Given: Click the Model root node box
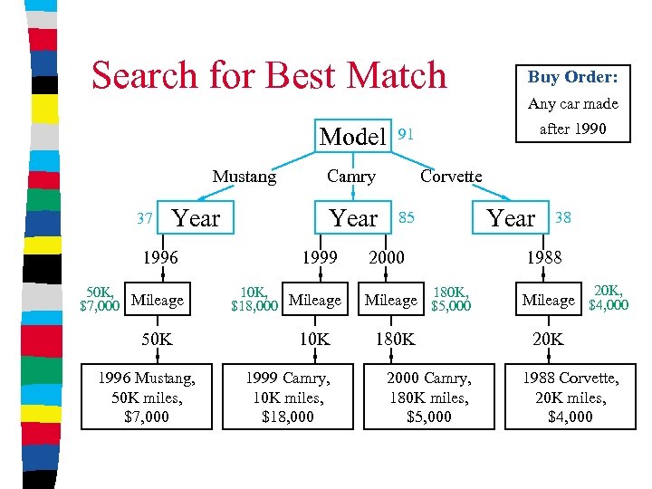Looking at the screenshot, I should point(353,137).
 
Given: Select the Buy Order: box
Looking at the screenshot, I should point(572,77).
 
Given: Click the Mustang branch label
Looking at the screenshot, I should point(244,177).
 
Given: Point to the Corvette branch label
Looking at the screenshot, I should point(451,176).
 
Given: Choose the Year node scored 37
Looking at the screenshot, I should point(196,218).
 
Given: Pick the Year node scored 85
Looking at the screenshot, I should point(353,218).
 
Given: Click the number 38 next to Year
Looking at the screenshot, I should point(562,217).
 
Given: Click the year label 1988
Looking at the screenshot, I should point(544,257).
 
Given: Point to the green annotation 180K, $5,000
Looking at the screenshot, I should point(451,299).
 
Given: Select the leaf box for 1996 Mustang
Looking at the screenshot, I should point(146,397).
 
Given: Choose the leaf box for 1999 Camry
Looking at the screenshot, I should point(288,397).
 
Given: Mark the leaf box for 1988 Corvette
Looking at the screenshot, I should point(570,397).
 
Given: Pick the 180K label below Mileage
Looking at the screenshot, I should point(395,339).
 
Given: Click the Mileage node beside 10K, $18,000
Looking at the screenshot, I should point(314,300).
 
